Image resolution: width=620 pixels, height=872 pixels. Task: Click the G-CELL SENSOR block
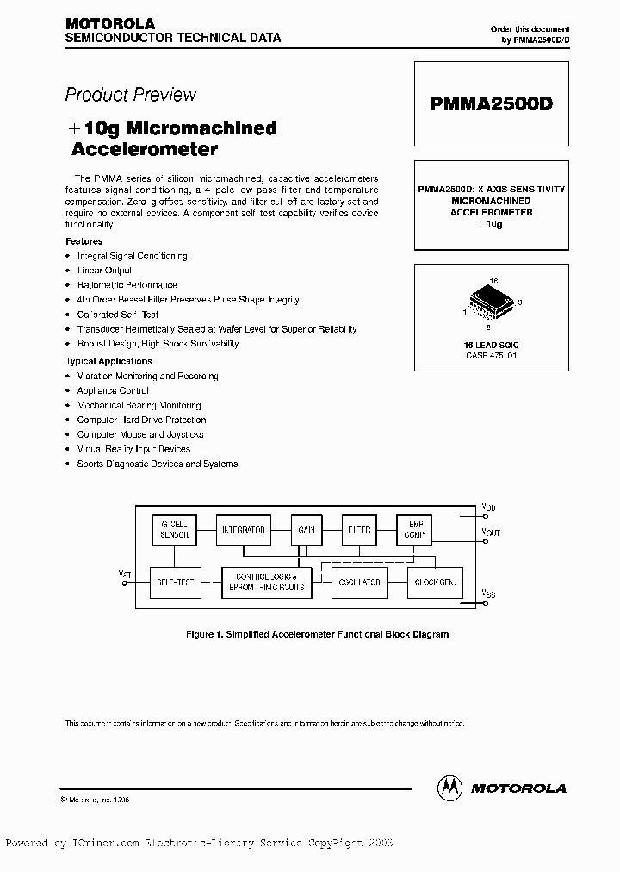tap(174, 530)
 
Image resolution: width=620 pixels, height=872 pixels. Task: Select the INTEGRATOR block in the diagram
tap(244, 530)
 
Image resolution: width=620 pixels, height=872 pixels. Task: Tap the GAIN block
tap(306, 530)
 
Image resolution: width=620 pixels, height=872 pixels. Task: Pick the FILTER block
tap(359, 530)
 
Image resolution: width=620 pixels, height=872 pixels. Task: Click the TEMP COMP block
tap(413, 530)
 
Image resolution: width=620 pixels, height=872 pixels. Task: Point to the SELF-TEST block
tap(175, 582)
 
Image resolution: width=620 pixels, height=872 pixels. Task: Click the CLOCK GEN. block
tap(434, 582)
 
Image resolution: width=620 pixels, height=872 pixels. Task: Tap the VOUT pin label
tap(491, 533)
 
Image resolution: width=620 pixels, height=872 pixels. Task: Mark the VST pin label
tap(125, 572)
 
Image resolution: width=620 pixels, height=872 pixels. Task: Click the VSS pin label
tap(489, 595)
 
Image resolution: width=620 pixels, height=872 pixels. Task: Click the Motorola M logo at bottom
tap(450, 787)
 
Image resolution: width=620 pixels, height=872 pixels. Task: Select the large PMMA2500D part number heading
tap(491, 103)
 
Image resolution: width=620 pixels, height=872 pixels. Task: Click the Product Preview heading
tap(131, 95)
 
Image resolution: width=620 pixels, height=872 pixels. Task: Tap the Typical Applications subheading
tap(109, 361)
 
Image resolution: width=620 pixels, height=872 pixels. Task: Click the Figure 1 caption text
tap(318, 634)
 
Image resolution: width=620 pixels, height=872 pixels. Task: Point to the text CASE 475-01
tap(491, 355)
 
